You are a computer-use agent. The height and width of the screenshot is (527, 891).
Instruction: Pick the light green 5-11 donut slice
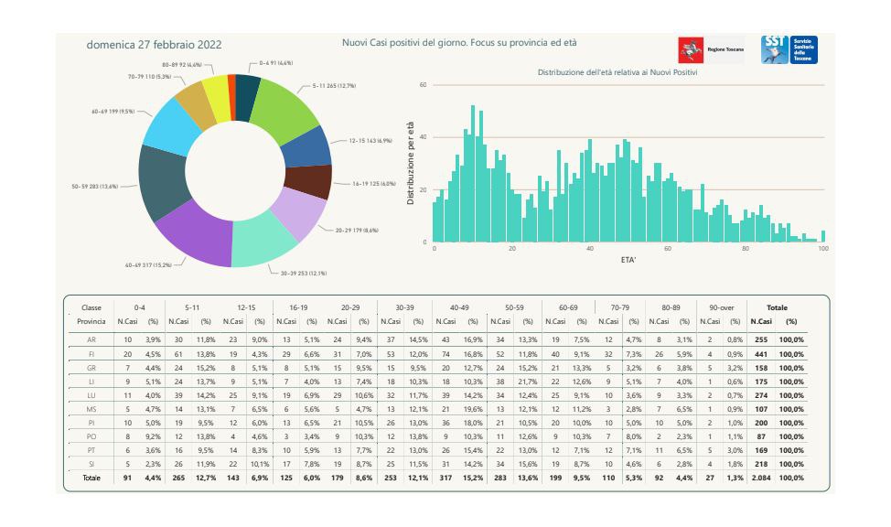coord(283,109)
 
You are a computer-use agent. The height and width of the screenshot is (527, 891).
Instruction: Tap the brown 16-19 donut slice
coord(309,182)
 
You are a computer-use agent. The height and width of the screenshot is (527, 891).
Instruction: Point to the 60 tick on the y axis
coord(424,85)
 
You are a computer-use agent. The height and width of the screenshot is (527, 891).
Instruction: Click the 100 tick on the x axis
coord(824,249)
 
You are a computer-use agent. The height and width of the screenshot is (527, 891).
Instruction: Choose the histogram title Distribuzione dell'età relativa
coord(617,72)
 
